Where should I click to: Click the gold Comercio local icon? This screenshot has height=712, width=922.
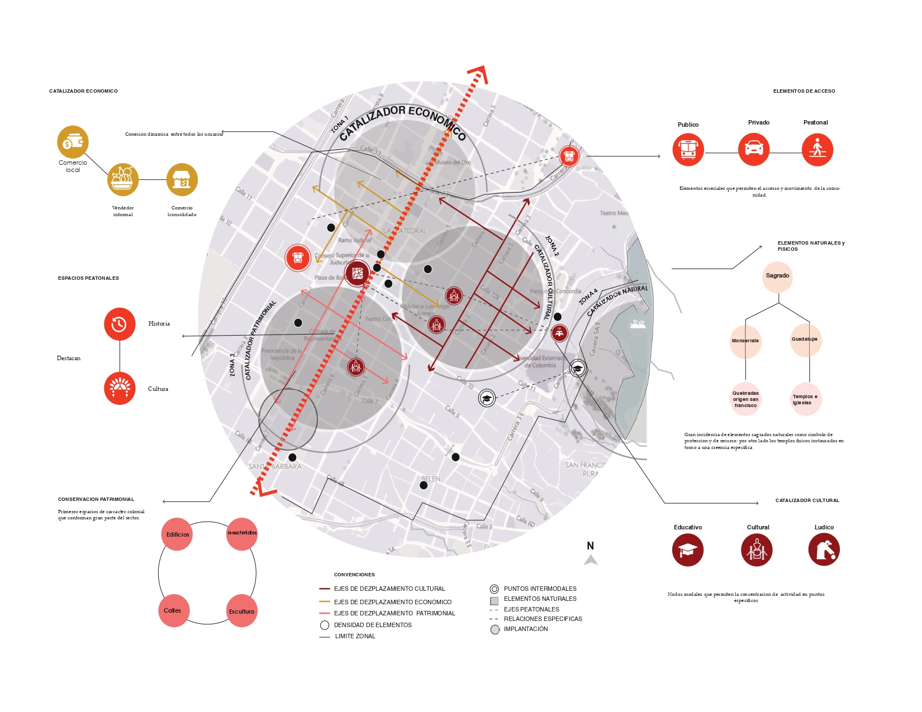[x=73, y=142]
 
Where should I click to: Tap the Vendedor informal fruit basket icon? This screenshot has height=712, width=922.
[x=123, y=179]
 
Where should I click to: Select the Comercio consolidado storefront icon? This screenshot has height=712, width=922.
[x=182, y=179]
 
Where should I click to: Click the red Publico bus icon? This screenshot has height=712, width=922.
[x=688, y=150]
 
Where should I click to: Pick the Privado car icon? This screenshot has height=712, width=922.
[x=754, y=149]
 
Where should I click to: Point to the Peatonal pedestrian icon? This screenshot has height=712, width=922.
[x=817, y=150]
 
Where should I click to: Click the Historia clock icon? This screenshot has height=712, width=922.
[x=120, y=324]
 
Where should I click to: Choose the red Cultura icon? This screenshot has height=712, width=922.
[x=120, y=388]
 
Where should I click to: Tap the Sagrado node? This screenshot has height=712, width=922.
[x=777, y=276]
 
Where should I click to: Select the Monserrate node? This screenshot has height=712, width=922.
[x=745, y=341]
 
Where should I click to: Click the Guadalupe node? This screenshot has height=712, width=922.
[x=805, y=340]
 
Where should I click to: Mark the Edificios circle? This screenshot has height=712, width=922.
[x=177, y=534]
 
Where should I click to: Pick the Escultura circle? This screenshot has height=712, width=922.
[x=241, y=611]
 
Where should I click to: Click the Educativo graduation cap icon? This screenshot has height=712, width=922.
[x=687, y=550]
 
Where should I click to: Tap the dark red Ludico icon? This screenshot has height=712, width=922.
[x=824, y=549]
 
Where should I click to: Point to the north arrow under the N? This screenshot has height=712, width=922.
[x=591, y=560]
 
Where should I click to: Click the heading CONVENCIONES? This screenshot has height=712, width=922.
[x=354, y=575]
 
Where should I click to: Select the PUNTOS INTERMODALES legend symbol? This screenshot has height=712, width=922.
[x=494, y=589]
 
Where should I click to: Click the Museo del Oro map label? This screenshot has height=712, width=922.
[x=453, y=163]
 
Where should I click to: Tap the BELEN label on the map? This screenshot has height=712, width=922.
[x=431, y=479]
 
